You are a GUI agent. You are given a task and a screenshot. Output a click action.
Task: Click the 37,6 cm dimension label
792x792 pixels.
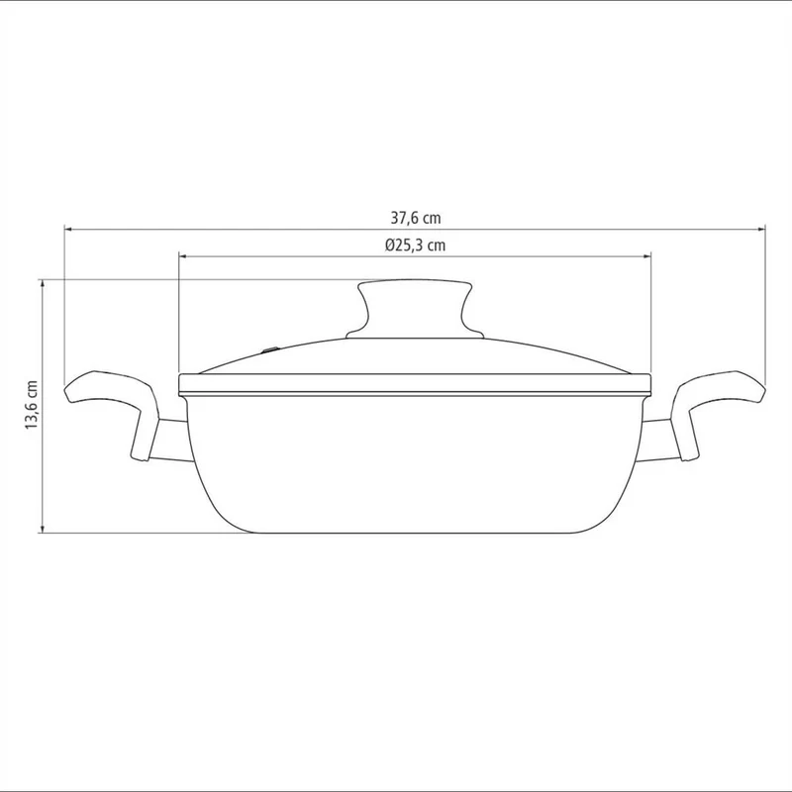pos(415,218)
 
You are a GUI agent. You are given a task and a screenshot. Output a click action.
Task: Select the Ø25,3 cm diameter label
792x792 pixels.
pos(415,245)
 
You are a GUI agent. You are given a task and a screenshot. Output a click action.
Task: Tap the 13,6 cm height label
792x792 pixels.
pos(32,405)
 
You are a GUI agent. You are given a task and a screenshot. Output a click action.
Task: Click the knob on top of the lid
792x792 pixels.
pos(415,308)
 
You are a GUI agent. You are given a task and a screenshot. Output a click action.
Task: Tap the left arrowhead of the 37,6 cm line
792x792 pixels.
pos(68,230)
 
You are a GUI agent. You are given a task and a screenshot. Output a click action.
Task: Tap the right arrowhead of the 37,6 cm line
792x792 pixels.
pos(761,230)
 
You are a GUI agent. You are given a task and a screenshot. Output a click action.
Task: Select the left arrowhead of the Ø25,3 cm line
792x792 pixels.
pos(183,256)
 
